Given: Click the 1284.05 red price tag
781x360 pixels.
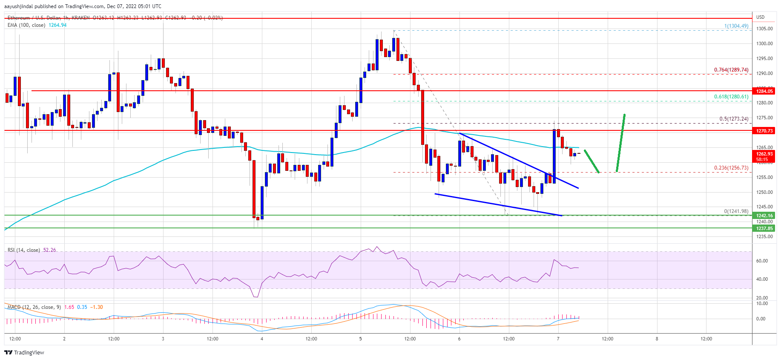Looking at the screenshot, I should click(x=764, y=91).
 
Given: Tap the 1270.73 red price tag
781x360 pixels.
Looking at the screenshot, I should click(x=764, y=131).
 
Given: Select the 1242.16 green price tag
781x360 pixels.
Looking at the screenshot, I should click(x=764, y=216).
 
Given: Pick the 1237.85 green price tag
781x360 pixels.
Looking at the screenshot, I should click(x=764, y=228).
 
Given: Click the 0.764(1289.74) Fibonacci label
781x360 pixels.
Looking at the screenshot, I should click(x=731, y=70).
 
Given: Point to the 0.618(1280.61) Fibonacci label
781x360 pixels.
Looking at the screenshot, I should click(x=731, y=97).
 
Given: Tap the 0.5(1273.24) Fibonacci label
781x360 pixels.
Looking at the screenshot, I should click(x=733, y=119).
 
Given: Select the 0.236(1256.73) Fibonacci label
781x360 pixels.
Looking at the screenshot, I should click(x=731, y=168).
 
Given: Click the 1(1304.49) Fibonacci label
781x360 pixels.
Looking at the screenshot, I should click(x=736, y=26).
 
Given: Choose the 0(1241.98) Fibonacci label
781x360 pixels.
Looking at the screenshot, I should click(x=736, y=211).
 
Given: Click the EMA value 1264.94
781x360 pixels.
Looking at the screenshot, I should click(x=57, y=25).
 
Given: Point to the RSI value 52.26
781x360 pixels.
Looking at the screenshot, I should click(x=49, y=250).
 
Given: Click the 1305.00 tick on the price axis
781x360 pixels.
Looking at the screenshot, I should click(x=764, y=29).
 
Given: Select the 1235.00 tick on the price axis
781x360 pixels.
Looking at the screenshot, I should click(x=764, y=236).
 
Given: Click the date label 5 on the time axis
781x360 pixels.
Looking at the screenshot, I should click(x=360, y=339).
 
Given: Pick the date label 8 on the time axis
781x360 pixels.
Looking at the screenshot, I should click(x=657, y=339).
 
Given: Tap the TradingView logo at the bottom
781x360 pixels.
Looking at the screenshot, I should click(x=24, y=352).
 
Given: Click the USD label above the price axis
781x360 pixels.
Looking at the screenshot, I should click(x=760, y=17).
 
